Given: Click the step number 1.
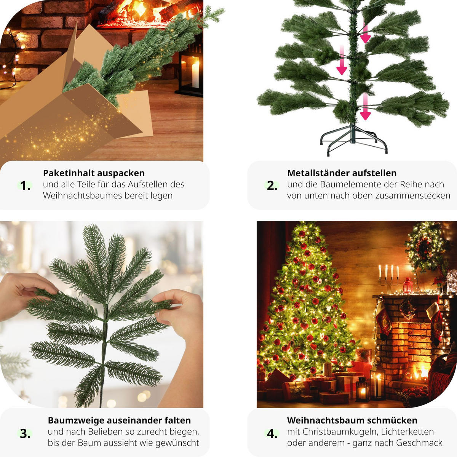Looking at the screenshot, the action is pyautogui.click(x=25, y=186).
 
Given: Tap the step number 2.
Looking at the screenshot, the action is pyautogui.click(x=272, y=186).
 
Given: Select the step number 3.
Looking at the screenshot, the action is pyautogui.click(x=25, y=434).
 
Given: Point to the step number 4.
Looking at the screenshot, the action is pyautogui.click(x=272, y=434).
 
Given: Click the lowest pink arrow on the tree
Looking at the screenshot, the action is pyautogui.click(x=365, y=107).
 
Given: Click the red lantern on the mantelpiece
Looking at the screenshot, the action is pyautogui.click(x=407, y=286).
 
